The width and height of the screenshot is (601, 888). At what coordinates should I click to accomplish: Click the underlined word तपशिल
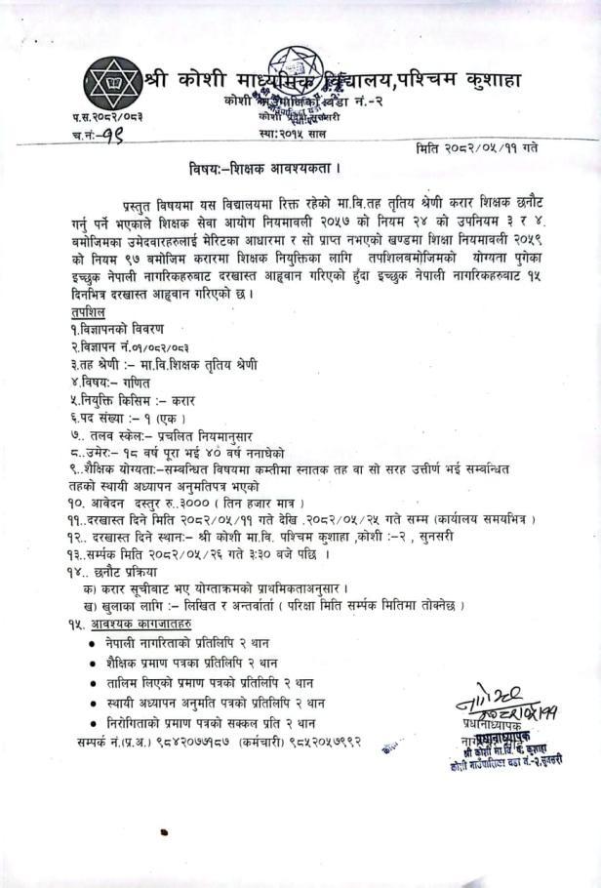(x=88, y=308)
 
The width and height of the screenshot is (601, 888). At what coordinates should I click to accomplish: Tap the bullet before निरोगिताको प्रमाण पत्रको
(x=92, y=723)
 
